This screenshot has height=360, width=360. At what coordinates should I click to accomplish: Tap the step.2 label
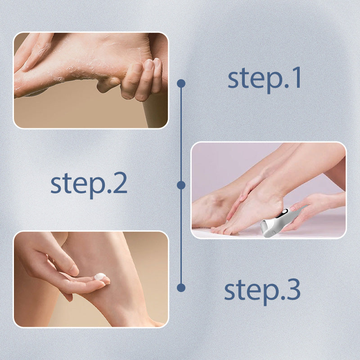[89, 184]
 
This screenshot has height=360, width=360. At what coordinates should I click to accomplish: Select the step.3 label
[262, 290]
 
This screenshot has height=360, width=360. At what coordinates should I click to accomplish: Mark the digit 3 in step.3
[292, 290]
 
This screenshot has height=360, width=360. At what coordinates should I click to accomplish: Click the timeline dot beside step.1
[181, 83]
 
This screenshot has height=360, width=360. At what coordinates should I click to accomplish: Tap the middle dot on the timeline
[181, 185]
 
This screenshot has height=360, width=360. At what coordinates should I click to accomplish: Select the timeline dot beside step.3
[181, 287]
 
